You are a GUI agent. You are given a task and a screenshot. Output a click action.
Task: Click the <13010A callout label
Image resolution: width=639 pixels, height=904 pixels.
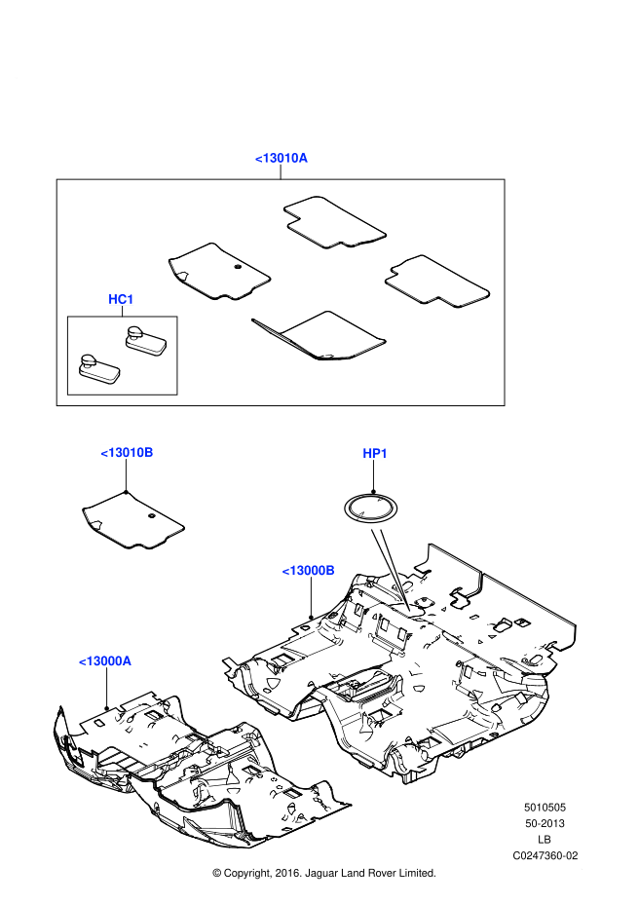pyautogui.click(x=282, y=158)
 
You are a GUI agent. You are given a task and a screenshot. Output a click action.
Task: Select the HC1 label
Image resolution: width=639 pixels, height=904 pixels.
pyautogui.click(x=121, y=299)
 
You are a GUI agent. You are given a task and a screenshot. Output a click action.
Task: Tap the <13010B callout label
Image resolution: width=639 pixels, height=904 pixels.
pyautogui.click(x=127, y=452)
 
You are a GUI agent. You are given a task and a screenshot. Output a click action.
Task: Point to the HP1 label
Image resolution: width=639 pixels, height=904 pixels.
pyautogui.click(x=375, y=453)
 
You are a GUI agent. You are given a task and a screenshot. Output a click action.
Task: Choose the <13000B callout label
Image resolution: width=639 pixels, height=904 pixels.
pyautogui.click(x=308, y=570)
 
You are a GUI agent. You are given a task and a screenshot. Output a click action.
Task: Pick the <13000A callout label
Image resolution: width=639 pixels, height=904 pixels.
pyautogui.click(x=105, y=660)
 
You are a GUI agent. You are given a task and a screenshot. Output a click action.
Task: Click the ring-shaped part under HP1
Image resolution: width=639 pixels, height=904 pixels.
pyautogui.click(x=371, y=508)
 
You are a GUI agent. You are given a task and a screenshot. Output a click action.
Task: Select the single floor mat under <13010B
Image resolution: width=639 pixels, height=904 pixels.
pyautogui.click(x=132, y=518)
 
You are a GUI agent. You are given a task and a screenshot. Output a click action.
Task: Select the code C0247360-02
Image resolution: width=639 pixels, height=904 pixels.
pyautogui.click(x=545, y=855)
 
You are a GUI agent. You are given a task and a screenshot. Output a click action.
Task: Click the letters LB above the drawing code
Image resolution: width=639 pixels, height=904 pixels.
pyautogui.click(x=545, y=839)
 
